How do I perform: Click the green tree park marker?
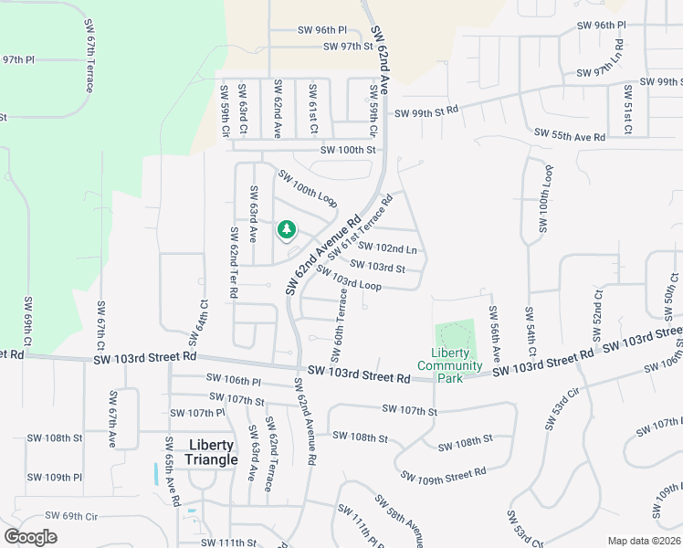[x=287, y=229]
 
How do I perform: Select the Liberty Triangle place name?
[x=211, y=452]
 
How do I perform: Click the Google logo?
[x=30, y=536]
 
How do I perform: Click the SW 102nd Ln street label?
[x=387, y=247]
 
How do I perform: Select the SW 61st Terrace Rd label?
[x=360, y=225]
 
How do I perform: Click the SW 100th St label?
[x=348, y=150]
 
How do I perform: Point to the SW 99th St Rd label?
[x=426, y=112]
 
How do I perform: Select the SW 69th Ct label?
[x=28, y=321]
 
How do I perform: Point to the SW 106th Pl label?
[x=234, y=378]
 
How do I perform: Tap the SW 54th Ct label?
[x=529, y=329]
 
